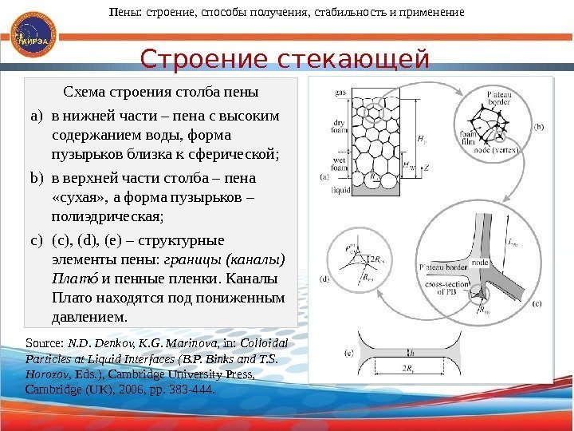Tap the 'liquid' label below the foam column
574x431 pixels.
coord(340,191)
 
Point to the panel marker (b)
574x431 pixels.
coord(539,125)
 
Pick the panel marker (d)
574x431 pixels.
coord(324,279)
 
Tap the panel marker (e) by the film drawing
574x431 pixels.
coord(348,351)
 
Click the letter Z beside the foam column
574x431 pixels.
coord(427,168)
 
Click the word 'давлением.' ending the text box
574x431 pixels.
coord(88,318)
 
